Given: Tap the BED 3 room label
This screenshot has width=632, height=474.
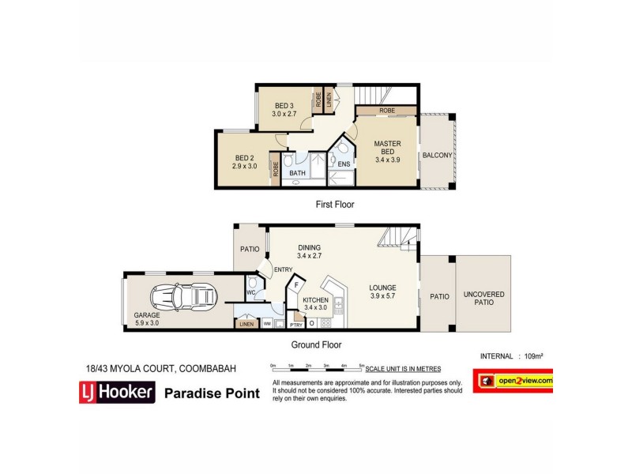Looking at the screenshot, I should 284,109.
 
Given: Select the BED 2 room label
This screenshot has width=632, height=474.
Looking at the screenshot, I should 243,161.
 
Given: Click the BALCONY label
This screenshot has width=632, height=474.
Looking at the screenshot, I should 437,156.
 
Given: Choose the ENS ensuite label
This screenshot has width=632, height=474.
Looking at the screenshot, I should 344,164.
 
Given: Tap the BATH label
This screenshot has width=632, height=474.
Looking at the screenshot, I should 297,173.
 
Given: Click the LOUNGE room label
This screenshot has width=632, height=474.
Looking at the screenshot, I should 382,292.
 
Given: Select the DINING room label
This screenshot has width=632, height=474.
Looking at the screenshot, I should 309,250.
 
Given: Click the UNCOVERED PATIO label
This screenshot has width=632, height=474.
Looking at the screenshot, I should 483,299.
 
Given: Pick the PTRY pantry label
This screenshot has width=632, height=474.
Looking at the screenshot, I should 296,325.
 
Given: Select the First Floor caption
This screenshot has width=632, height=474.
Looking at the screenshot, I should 335,204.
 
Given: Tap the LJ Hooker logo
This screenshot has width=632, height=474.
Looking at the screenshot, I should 116,392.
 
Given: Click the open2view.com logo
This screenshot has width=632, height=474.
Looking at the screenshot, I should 513,381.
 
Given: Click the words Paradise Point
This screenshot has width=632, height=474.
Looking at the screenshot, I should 212,393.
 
